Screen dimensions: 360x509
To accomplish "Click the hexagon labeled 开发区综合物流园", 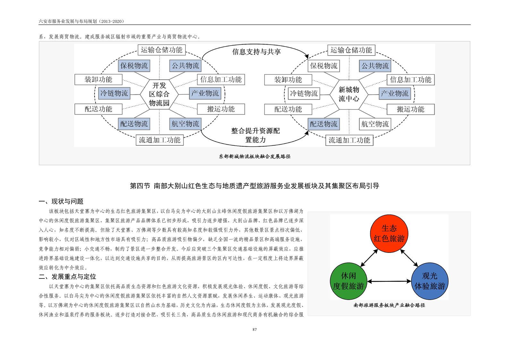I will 159,94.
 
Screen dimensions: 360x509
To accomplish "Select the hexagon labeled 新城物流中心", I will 349,94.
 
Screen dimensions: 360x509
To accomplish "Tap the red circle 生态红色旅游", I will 389,234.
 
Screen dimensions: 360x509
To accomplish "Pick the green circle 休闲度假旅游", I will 348,281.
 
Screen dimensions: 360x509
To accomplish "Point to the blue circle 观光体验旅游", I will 429,281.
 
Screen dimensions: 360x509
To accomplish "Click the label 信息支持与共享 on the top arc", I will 256,52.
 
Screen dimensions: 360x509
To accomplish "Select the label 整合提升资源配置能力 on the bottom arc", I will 256,135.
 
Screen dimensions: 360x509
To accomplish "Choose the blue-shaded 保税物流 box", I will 134,66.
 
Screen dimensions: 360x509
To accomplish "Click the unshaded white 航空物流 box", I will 375,124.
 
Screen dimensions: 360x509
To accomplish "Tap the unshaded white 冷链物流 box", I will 304,94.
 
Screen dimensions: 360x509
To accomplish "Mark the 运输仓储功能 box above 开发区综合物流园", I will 161,50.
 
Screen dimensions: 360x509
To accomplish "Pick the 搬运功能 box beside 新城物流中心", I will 411,109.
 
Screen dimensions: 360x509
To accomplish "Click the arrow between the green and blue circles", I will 389,281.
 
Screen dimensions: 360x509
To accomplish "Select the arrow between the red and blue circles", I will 409,258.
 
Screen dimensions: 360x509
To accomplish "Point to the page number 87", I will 255,330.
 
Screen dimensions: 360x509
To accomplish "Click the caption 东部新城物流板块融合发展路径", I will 255,157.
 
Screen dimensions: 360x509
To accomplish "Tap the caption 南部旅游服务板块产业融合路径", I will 389,305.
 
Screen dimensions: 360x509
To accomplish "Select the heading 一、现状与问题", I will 61,201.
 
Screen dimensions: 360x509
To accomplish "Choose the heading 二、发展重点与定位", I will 67,277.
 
